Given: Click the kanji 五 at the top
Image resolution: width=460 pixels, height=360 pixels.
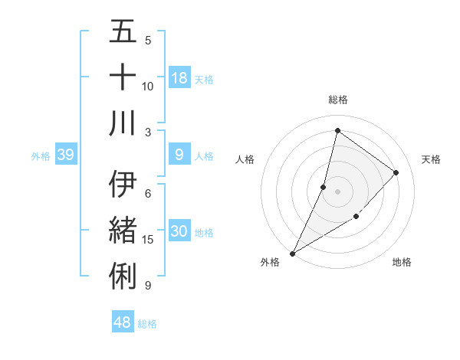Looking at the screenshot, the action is pyautogui.click(x=123, y=32).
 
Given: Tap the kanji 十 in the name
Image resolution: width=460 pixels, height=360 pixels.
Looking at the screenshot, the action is pyautogui.click(x=123, y=77).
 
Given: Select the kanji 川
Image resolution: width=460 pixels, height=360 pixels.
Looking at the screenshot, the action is pyautogui.click(x=123, y=123).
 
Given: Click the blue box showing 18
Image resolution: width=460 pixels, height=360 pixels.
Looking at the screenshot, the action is pyautogui.click(x=179, y=78).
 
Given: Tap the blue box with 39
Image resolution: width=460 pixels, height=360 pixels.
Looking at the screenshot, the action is pyautogui.click(x=65, y=155).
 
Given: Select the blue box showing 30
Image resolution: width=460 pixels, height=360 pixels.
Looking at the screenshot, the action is pyautogui.click(x=179, y=232).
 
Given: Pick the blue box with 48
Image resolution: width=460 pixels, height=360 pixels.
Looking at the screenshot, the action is pyautogui.click(x=123, y=322).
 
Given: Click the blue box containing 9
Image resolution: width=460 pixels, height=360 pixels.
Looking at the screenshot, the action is pyautogui.click(x=179, y=155).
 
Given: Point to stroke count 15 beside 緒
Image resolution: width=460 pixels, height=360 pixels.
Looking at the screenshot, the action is pyautogui.click(x=148, y=240).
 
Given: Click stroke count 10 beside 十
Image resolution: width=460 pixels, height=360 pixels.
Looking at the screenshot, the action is pyautogui.click(x=148, y=86).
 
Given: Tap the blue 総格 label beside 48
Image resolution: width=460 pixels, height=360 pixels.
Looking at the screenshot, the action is pyautogui.click(x=147, y=324).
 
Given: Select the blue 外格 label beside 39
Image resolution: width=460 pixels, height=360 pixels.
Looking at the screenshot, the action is pyautogui.click(x=41, y=156).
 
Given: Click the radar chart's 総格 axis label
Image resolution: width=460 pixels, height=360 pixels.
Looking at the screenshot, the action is pyautogui.click(x=337, y=100).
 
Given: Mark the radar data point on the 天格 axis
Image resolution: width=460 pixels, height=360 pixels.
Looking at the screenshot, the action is pyautogui.click(x=396, y=172).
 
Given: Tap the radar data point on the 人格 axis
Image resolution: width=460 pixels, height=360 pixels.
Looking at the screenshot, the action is pyautogui.click(x=324, y=187).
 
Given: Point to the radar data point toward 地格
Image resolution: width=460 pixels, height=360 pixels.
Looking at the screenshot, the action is pyautogui.click(x=356, y=217).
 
